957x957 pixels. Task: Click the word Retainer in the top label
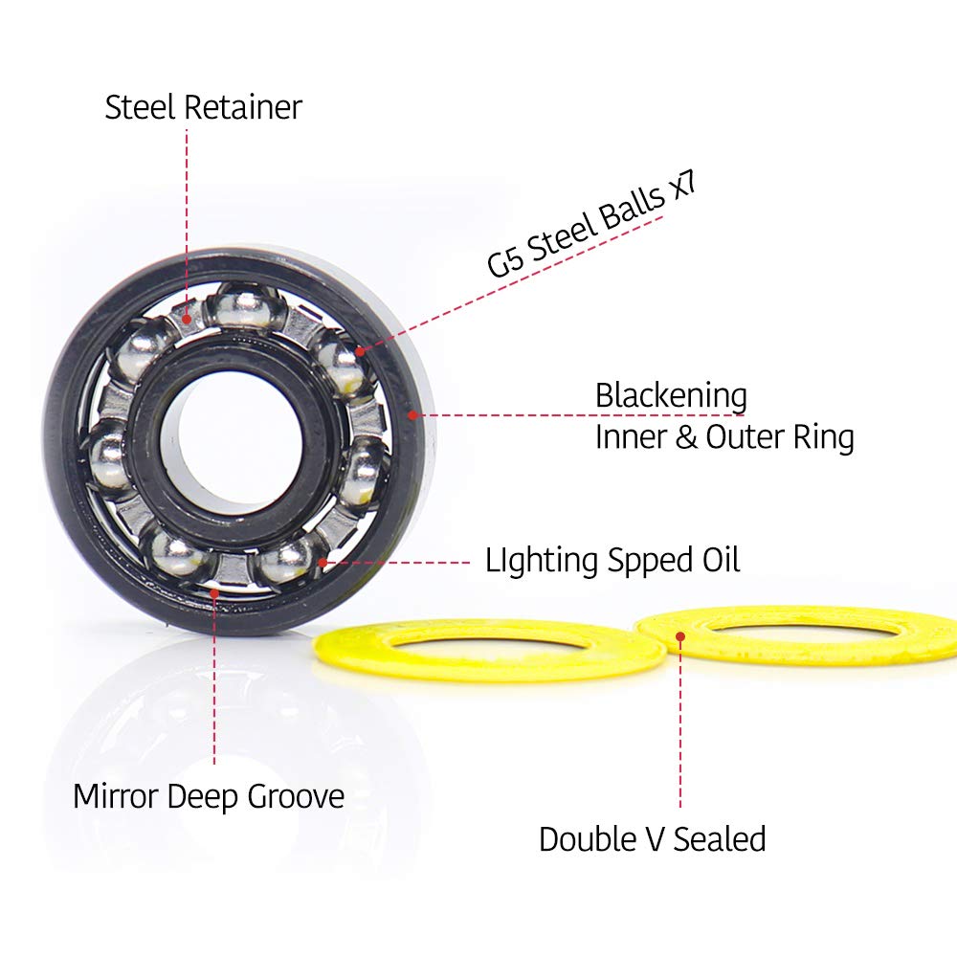[242, 107]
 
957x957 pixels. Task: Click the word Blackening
[671, 395]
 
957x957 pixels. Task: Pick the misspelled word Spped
[651, 561]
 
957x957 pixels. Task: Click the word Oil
[718, 560]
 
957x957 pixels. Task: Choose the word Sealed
[720, 839]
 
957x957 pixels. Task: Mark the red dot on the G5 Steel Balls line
[361, 351]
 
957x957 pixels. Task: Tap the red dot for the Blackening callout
[412, 414]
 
